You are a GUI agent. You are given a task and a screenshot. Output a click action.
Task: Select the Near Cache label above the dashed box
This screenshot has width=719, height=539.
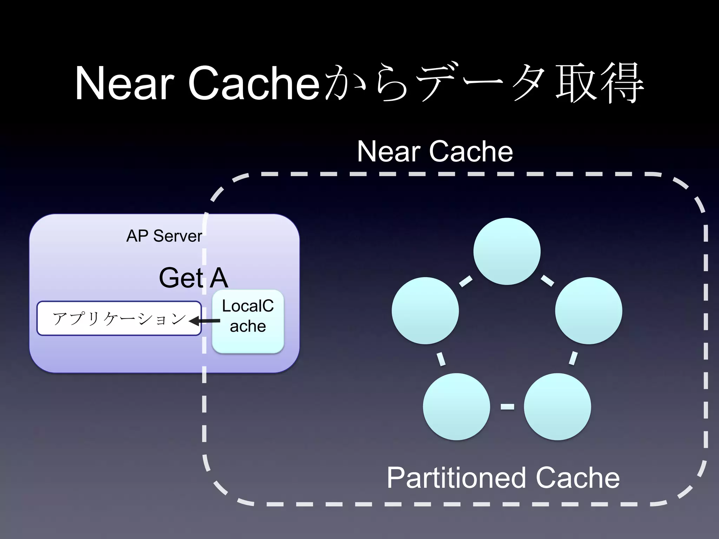[x=435, y=151]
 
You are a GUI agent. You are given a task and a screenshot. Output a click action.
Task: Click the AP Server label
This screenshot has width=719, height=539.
[x=164, y=236]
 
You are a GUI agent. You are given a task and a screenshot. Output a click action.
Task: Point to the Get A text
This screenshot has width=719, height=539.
[x=193, y=278]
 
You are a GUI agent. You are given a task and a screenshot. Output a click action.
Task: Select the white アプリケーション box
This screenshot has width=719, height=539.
[x=119, y=318]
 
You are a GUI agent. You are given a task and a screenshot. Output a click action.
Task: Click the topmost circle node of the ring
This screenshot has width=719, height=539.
[x=507, y=251]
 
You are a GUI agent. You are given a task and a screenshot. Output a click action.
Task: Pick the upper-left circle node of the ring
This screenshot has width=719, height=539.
[x=425, y=311]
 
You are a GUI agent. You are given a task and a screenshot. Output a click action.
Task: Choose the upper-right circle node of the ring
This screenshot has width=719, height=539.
[x=588, y=311]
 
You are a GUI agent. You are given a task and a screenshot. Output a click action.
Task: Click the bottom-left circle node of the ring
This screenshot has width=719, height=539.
[x=456, y=406]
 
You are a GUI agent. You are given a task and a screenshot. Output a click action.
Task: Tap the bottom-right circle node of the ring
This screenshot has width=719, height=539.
[x=557, y=406]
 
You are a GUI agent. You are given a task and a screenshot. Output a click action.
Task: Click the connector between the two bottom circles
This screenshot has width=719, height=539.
[x=507, y=406]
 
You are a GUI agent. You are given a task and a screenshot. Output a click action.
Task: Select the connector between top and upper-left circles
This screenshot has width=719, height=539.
[x=466, y=281]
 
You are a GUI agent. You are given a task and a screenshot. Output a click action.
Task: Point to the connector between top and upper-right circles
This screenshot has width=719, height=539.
[x=547, y=280]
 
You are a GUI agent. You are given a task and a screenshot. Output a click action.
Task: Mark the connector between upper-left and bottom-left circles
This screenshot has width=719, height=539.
[x=441, y=359]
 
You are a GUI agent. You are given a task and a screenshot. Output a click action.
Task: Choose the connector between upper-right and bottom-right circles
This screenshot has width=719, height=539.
[x=573, y=358]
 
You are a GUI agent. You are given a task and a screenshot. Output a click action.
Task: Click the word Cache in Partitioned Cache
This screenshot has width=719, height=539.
[x=578, y=478]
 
